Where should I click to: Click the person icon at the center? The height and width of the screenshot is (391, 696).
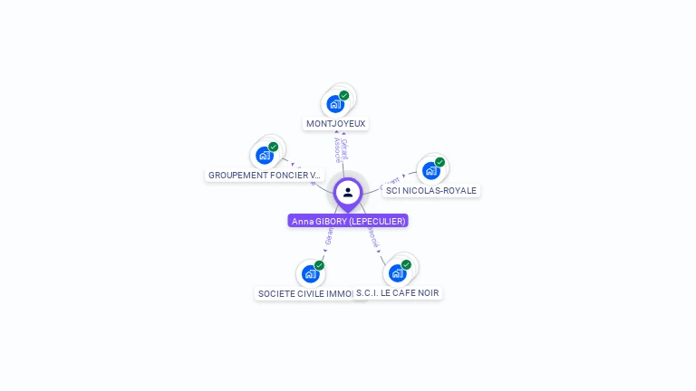tap(348, 192)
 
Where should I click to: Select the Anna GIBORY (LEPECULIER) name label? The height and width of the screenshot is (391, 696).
tap(348, 221)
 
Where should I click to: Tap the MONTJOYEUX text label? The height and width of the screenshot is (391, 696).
tap(336, 124)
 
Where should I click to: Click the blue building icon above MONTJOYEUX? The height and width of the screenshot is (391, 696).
tap(335, 104)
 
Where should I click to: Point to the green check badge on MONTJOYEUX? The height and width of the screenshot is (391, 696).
tap(344, 95)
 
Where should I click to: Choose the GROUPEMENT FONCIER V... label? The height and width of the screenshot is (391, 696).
tap(264, 175)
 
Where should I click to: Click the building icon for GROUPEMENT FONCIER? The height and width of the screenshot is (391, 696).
tap(265, 155)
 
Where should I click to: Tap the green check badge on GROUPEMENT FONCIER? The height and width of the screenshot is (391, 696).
tap(274, 147)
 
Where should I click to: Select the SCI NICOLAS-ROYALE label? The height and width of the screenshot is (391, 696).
tap(430, 190)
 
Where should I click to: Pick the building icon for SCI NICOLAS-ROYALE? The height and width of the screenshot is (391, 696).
tap(431, 170)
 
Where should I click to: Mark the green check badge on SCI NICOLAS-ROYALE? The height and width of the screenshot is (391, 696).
tap(440, 162)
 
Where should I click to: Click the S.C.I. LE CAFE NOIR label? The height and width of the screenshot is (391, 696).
tap(398, 292)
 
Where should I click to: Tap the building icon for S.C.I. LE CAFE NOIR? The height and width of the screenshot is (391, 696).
tap(397, 272)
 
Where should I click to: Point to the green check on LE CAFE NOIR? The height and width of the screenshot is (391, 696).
tap(406, 264)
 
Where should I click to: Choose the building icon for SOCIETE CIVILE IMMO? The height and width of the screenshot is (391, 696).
tap(310, 273)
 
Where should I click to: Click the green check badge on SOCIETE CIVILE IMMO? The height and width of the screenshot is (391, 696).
tap(319, 265)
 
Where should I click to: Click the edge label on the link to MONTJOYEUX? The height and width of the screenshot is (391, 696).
tap(341, 149)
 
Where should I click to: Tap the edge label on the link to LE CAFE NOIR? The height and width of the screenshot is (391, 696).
tap(372, 236)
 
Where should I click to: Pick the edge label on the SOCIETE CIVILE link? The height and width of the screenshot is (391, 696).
tap(329, 236)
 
